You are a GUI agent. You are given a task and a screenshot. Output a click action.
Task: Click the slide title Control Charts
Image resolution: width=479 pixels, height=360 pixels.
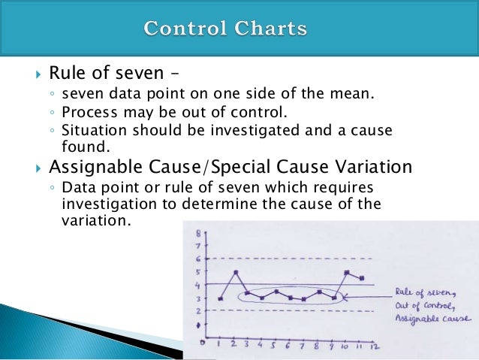click(x=225, y=30)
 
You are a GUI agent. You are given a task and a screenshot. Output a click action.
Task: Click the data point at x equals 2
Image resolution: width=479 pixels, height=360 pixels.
click(x=236, y=272)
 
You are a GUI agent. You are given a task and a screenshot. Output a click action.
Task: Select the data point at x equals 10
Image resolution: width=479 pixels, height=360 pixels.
click(x=346, y=273)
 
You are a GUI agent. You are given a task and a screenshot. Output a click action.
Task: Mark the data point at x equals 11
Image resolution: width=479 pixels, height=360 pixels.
click(x=362, y=278)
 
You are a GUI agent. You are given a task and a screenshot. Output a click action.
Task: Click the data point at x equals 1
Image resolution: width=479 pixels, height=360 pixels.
click(x=220, y=298)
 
